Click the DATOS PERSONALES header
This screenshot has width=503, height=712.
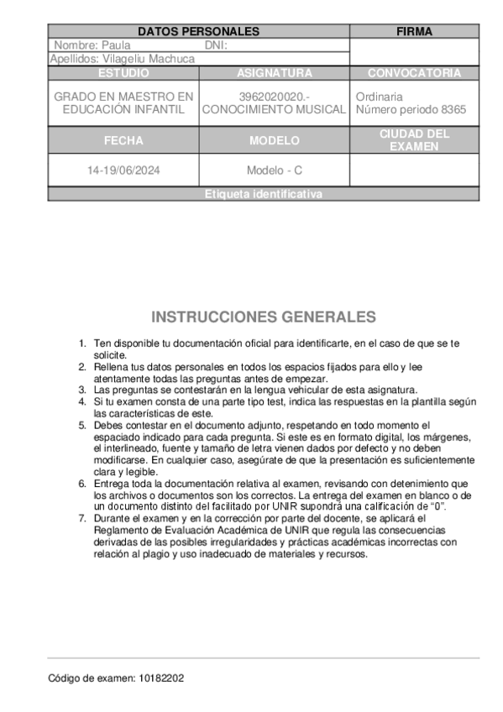tap(198, 32)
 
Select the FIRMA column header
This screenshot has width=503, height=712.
tap(414, 32)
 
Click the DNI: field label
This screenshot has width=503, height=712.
tap(217, 45)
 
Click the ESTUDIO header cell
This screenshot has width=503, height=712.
tap(123, 73)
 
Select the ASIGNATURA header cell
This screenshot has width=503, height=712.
tap(275, 73)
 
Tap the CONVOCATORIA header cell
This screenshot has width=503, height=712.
tap(414, 73)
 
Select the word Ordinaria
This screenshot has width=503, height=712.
tap(380, 97)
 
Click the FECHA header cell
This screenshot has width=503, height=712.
tap(123, 140)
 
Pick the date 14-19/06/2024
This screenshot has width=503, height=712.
tap(123, 170)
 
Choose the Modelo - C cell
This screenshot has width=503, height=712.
tap(275, 170)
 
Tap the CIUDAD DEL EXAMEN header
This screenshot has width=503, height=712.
tap(414, 140)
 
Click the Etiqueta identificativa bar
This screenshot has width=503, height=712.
tap(263, 194)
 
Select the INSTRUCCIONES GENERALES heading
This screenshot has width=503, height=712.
tap(264, 317)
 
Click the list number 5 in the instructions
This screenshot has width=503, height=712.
tap(82, 426)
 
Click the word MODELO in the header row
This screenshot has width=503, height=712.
tap(275, 140)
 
